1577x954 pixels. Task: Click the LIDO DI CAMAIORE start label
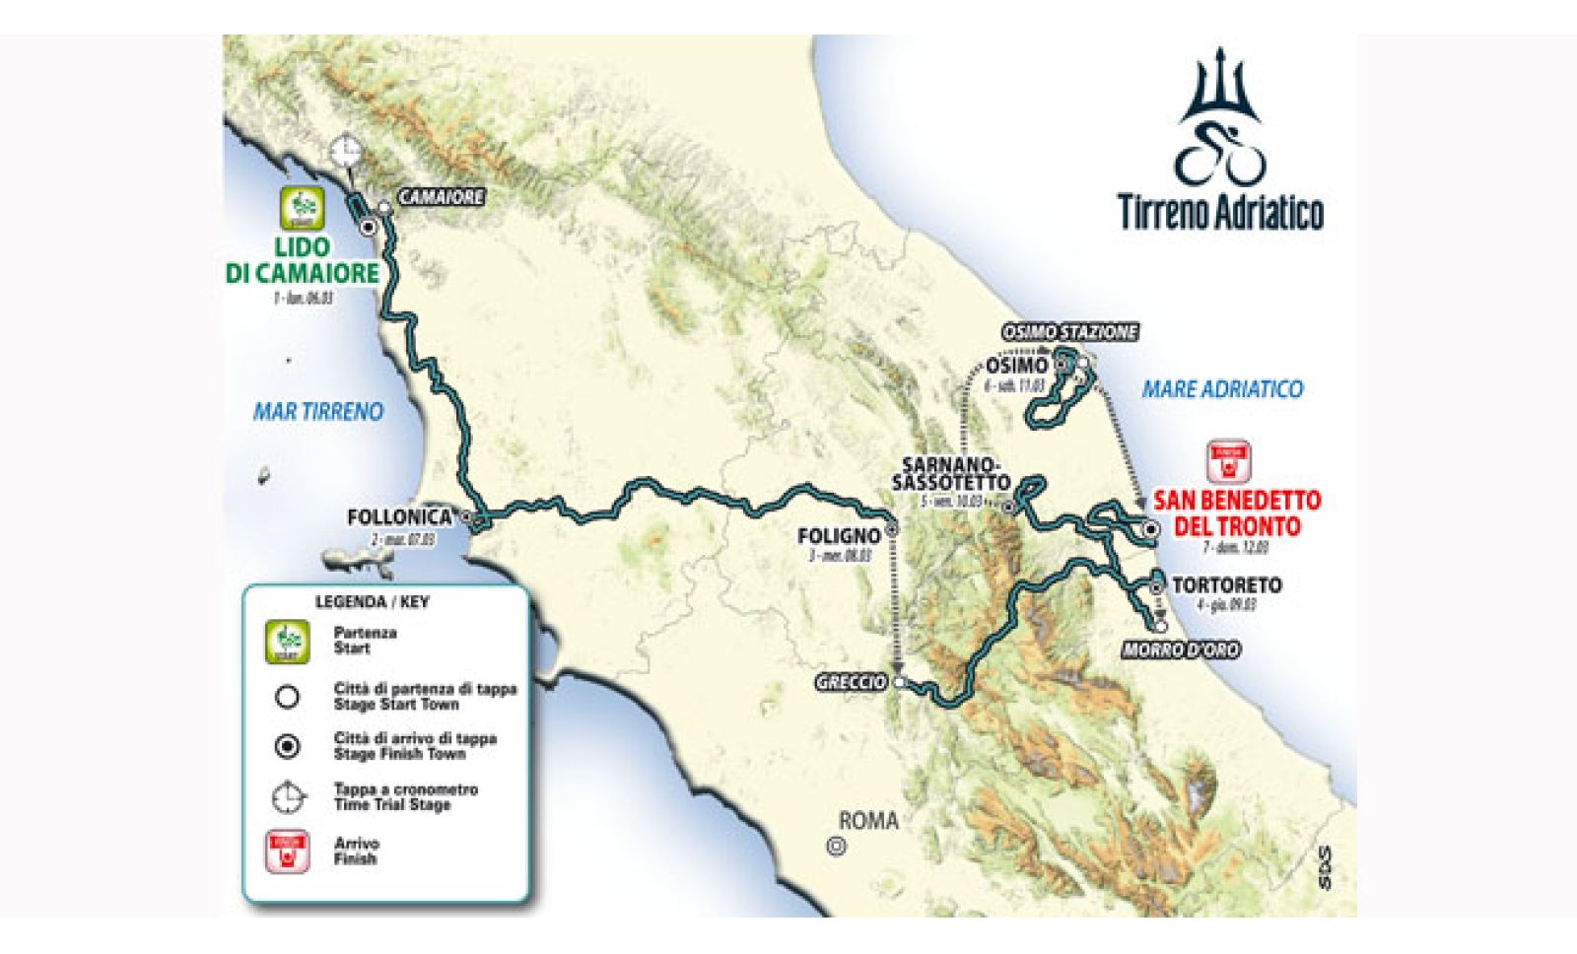pos(303,260)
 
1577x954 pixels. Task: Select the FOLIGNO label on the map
pos(838,536)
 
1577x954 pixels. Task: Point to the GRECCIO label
pos(851,682)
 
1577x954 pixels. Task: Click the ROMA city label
pos(868,820)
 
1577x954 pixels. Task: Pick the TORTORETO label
pos(1226,585)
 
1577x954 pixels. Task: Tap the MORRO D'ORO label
pos(1180,649)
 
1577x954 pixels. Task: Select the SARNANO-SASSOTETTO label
pos(951,473)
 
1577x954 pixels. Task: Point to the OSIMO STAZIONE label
pos(1070,332)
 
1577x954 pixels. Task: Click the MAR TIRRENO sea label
pos(317,412)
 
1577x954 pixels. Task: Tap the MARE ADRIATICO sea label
pos(1222,389)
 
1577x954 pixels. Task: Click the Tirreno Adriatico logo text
pos(1220,211)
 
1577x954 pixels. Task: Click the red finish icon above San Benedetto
pos(1228,462)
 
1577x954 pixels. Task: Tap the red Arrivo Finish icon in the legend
pos(287,851)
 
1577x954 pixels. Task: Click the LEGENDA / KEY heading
pos(372,601)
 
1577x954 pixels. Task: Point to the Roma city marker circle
pos(837,845)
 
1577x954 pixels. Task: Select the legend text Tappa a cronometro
pos(405,789)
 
